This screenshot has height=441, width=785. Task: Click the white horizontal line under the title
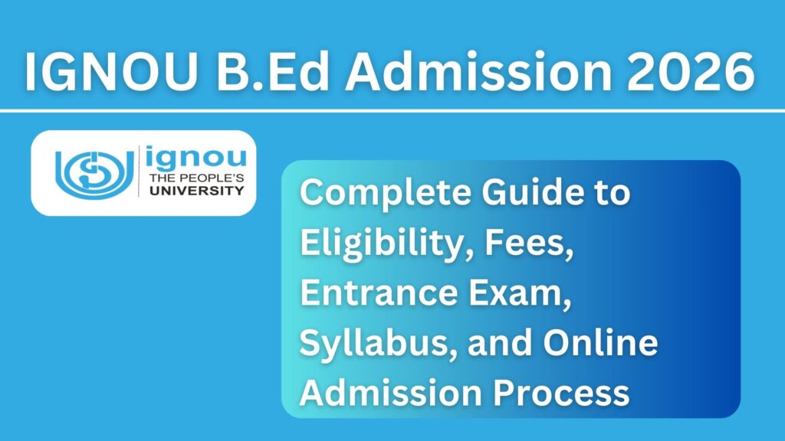click(x=392, y=111)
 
